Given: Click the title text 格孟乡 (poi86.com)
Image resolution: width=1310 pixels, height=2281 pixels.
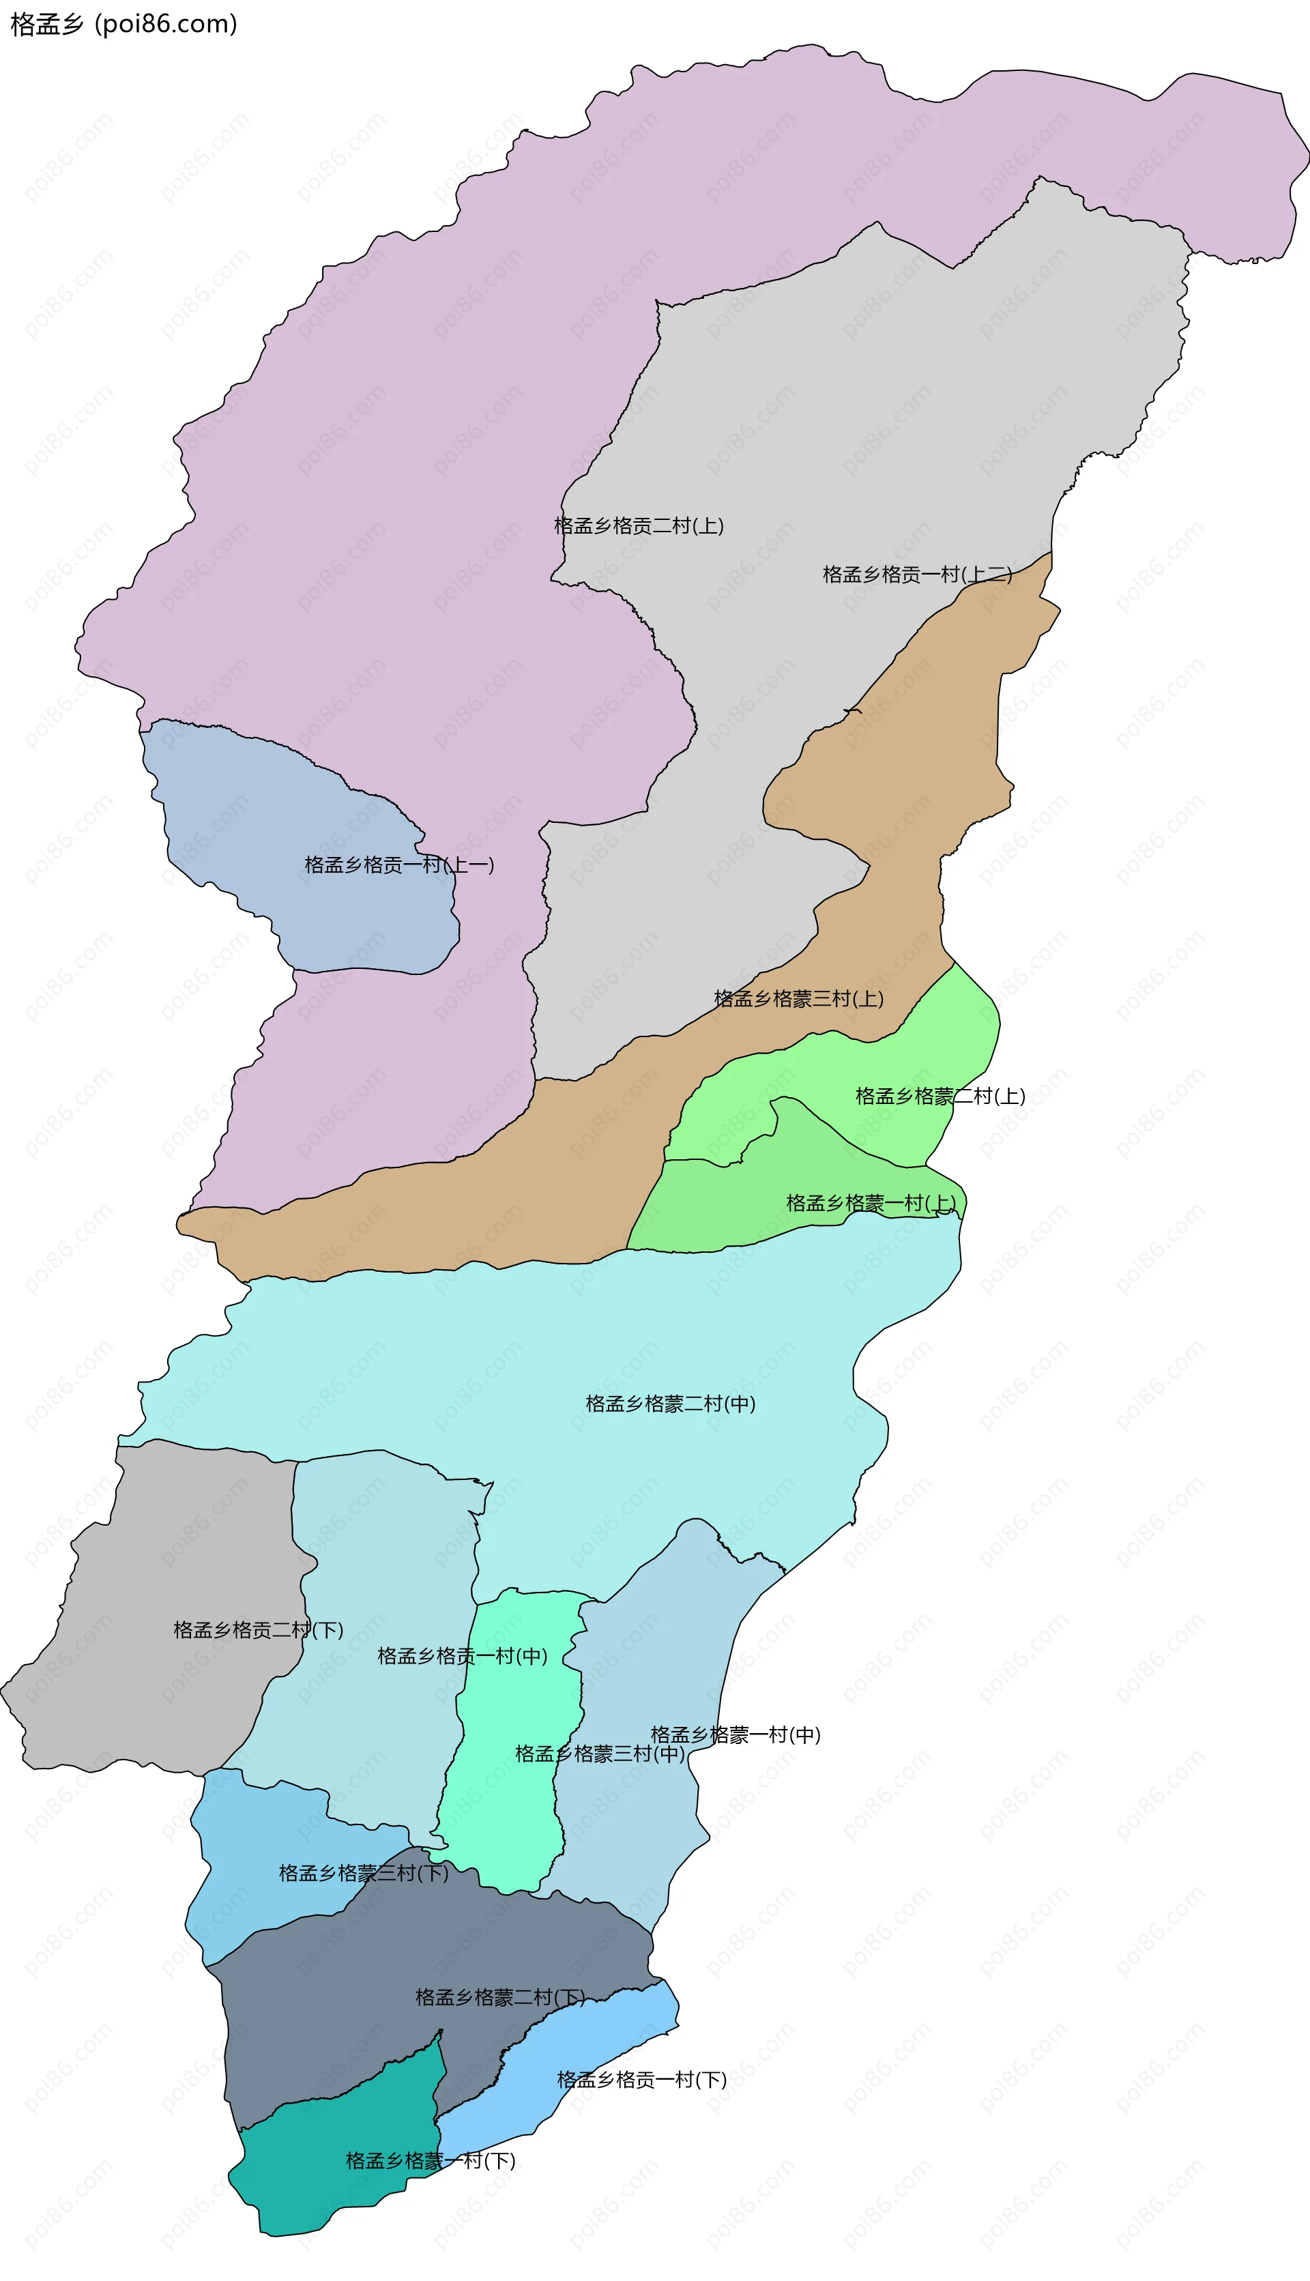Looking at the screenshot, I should point(123,23).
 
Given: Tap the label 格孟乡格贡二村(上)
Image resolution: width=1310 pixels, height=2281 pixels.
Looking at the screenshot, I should point(639,525).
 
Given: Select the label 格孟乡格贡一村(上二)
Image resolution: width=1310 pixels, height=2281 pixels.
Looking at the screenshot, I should point(917,574).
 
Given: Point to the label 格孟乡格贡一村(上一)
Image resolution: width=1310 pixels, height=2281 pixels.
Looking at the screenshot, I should point(398,865).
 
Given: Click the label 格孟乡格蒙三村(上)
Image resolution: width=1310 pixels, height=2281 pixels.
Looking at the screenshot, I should point(798,998).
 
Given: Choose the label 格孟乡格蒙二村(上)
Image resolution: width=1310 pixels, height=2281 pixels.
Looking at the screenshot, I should point(940,1096).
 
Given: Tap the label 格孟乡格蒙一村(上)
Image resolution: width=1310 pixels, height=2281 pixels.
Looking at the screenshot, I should point(871,1203).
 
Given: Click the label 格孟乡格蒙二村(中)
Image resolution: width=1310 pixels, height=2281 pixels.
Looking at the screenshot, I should point(670,1404).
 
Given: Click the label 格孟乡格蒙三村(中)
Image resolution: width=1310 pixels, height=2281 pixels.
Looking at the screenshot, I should point(599,1753).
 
